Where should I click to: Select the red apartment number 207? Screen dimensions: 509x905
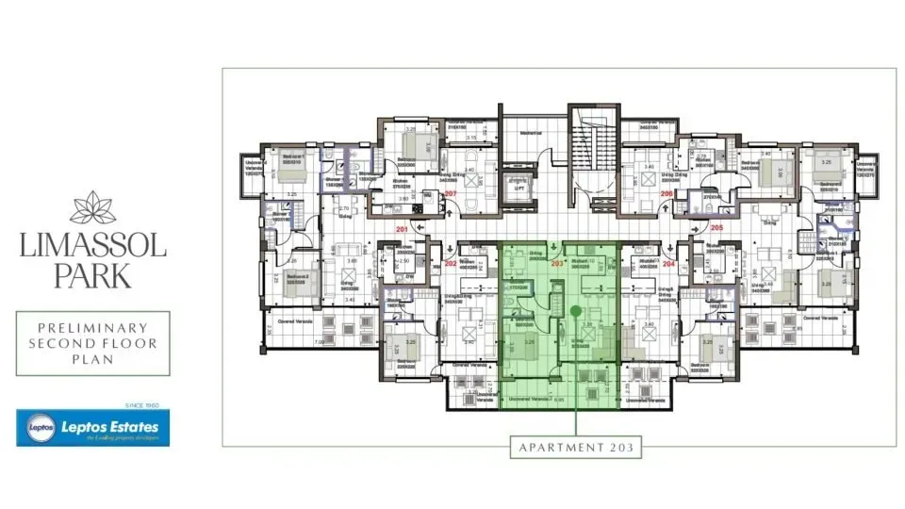click(451, 195)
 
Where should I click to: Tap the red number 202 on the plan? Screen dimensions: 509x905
click(450, 264)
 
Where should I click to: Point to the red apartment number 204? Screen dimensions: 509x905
click(670, 264)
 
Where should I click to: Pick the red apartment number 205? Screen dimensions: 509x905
click(717, 227)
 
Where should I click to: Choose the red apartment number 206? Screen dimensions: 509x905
click(667, 194)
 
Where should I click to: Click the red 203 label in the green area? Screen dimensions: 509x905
click(556, 264)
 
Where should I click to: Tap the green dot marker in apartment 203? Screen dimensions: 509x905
click(574, 310)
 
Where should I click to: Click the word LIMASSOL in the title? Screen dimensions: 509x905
click(92, 247)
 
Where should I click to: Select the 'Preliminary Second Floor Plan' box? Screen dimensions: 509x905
click(92, 343)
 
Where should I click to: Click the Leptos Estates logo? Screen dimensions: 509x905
click(92, 427)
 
